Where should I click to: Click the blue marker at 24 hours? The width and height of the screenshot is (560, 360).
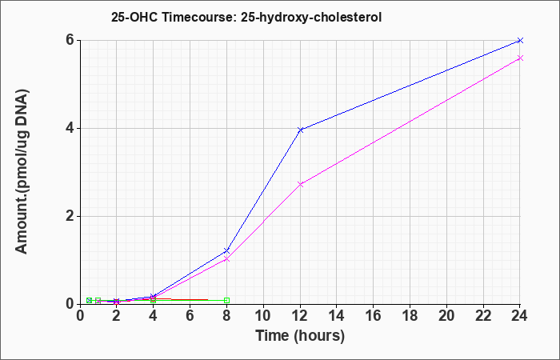pyautogui.click(x=520, y=40)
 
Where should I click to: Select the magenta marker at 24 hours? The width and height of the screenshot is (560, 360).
pyautogui.click(x=520, y=58)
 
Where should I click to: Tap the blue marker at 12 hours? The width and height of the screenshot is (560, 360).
pyautogui.click(x=300, y=130)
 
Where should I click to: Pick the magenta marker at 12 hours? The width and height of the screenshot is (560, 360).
pyautogui.click(x=300, y=184)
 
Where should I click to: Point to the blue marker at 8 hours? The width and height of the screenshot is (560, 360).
pyautogui.click(x=226, y=250)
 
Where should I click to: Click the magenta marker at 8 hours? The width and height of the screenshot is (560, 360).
pyautogui.click(x=226, y=259)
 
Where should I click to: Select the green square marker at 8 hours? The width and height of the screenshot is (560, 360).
pyautogui.click(x=226, y=300)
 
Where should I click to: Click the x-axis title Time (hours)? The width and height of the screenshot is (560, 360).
pyautogui.click(x=300, y=336)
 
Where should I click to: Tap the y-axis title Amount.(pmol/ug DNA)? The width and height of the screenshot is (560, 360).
pyautogui.click(x=22, y=171)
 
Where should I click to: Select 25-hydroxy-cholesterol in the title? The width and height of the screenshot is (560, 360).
pyautogui.click(x=311, y=18)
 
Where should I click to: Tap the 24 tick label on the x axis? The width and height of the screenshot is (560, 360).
pyautogui.click(x=519, y=316)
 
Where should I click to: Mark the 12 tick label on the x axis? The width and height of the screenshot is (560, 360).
pyautogui.click(x=300, y=316)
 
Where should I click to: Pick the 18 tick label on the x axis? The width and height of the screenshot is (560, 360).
pyautogui.click(x=410, y=316)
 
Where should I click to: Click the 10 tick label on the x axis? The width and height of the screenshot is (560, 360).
pyautogui.click(x=263, y=316)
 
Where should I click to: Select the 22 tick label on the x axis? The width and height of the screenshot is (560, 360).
pyautogui.click(x=483, y=316)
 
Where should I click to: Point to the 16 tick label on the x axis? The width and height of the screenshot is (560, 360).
pyautogui.click(x=373, y=316)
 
